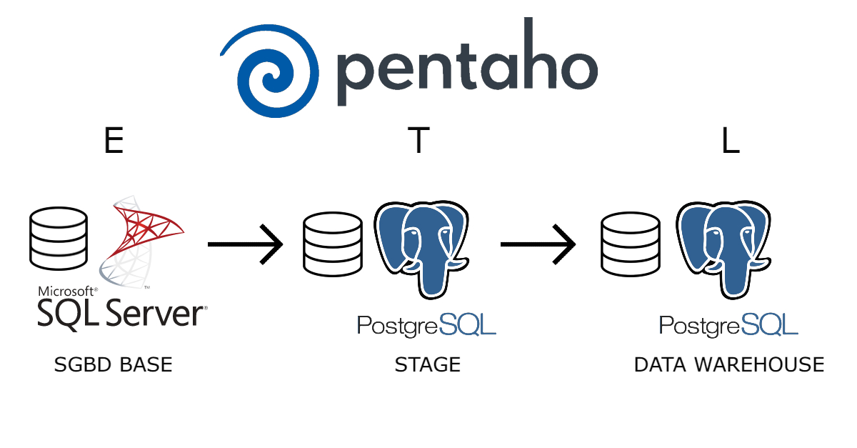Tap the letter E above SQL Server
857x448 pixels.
(x=114, y=141)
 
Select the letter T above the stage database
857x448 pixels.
(x=419, y=141)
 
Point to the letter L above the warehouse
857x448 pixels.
(x=730, y=141)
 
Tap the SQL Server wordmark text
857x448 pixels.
(x=120, y=314)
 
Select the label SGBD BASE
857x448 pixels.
(x=113, y=365)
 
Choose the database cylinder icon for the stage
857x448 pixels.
(x=332, y=243)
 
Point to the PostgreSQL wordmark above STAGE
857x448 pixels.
(x=426, y=325)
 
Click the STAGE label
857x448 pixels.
(x=427, y=365)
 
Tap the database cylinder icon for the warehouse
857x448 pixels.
(x=631, y=243)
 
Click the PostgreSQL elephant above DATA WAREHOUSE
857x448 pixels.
(x=723, y=247)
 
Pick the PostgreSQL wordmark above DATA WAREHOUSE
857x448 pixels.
(x=728, y=325)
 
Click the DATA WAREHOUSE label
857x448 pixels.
(x=728, y=365)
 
